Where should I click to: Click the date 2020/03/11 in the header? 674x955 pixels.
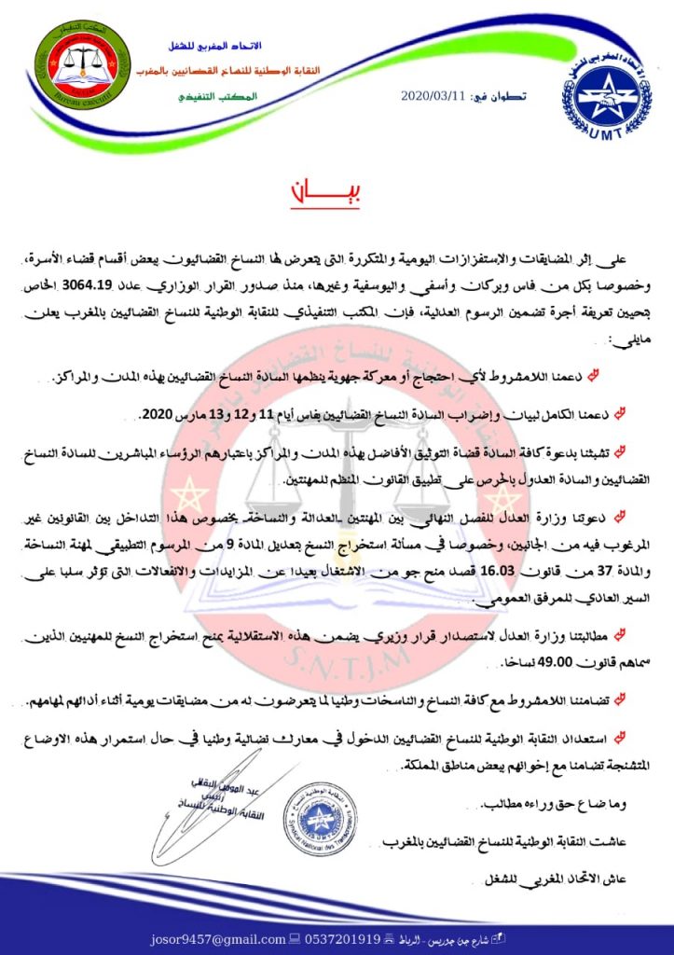click(x=430, y=95)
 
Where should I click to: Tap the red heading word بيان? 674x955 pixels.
click(x=337, y=195)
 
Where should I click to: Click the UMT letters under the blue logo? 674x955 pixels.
click(x=607, y=136)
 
